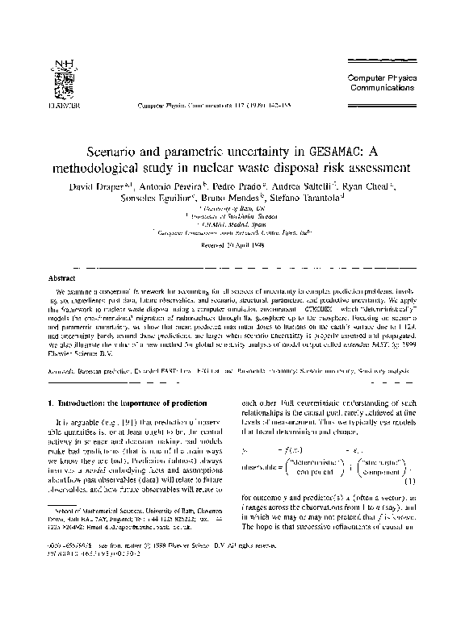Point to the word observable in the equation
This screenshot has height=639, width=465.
click(262, 466)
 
